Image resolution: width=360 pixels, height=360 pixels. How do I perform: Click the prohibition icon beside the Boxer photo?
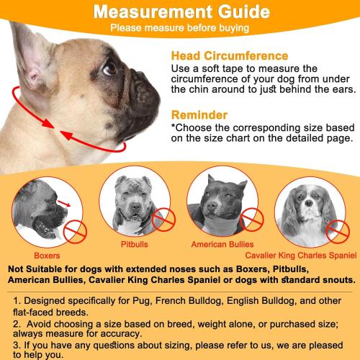74,232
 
